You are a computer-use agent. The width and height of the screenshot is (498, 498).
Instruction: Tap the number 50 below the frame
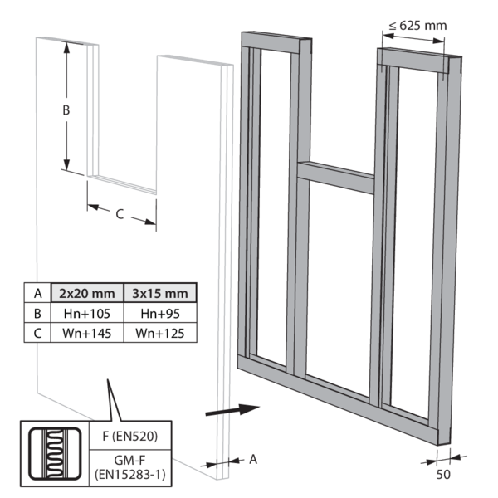[x=445, y=476]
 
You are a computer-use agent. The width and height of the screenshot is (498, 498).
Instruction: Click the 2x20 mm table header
[x=86, y=293]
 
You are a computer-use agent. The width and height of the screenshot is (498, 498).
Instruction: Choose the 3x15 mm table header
[x=159, y=293]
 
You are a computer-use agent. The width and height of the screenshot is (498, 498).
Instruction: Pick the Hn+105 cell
[x=86, y=313]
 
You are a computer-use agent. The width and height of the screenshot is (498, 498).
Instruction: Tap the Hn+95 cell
[x=159, y=313]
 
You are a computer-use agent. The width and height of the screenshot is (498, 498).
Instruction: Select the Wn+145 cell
[x=86, y=333]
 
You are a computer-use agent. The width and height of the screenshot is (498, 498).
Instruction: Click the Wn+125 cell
[x=159, y=333]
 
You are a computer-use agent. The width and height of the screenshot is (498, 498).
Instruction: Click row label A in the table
[x=37, y=293]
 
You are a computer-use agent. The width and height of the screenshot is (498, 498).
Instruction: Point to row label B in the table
[x=37, y=313]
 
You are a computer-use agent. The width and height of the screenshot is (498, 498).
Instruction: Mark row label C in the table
[x=37, y=333]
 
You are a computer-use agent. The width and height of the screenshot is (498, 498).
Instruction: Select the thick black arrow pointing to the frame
[x=232, y=409]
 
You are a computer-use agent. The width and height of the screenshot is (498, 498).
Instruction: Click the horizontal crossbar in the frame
[x=335, y=176]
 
